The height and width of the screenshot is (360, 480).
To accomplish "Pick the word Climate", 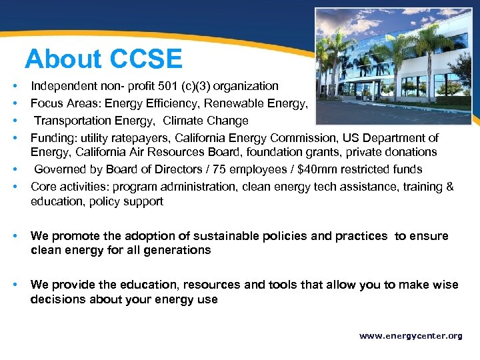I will [184, 121].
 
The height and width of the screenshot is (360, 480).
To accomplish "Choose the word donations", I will [412, 152].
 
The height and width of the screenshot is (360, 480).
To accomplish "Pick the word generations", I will [175, 250].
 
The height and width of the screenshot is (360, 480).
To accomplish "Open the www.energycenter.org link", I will [411, 336].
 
